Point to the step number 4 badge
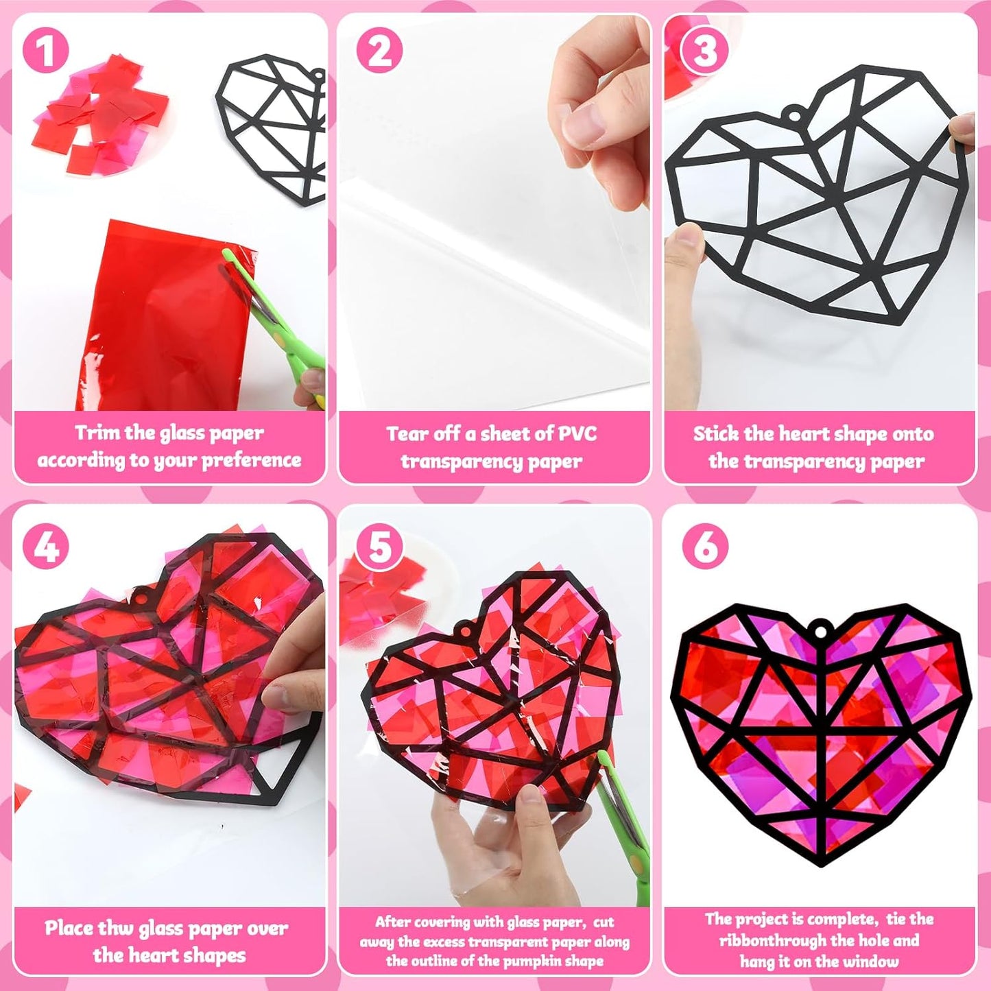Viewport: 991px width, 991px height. (x=45, y=547)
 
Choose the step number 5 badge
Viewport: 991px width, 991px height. (x=379, y=547)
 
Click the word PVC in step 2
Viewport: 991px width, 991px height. (x=577, y=433)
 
